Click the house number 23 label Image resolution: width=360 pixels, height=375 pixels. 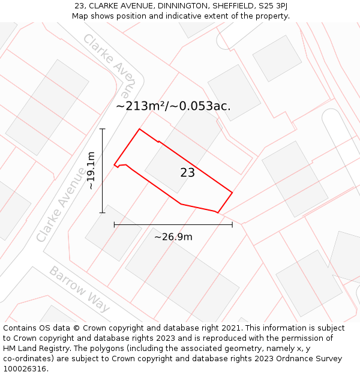coord(187,173)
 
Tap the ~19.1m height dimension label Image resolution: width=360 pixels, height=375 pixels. coord(91,171)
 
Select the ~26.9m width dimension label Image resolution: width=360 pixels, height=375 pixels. coord(173,237)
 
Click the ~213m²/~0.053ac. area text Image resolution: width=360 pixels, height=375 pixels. coord(173,106)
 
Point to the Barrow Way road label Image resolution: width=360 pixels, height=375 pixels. coord(80,289)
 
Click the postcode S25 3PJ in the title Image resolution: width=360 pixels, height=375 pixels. coord(271,6)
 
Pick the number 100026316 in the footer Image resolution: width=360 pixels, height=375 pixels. coord(25,368)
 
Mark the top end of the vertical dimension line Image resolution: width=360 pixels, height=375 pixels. coord(103,129)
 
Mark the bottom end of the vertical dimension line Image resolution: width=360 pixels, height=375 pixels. coord(103,212)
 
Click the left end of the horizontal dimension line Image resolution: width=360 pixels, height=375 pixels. coord(114,224)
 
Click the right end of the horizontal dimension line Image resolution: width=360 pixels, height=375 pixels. coord(232,224)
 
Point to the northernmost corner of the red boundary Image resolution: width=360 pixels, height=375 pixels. coord(140,129)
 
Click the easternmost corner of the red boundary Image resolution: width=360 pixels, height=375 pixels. coord(232,193)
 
